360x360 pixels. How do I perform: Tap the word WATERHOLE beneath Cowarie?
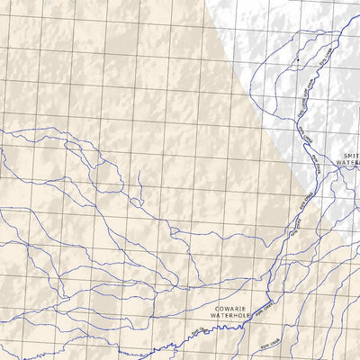coord(229,316)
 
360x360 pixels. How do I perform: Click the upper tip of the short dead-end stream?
coord(139,174)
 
